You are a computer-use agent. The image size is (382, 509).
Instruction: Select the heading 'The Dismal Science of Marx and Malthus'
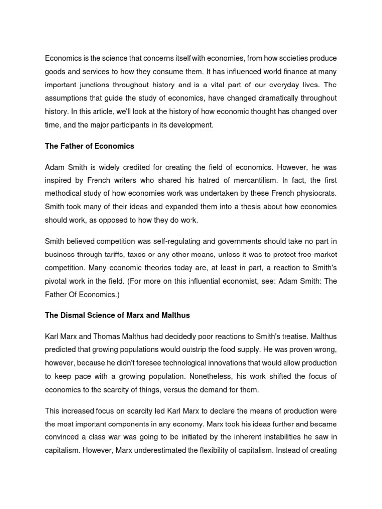117,315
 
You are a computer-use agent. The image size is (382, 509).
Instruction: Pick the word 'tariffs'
120,254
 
